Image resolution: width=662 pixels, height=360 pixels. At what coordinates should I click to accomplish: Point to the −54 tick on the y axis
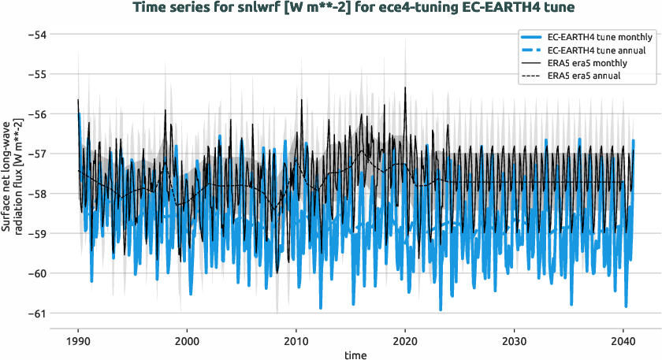coord(36,35)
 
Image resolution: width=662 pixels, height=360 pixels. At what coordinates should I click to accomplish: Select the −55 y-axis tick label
coord(36,74)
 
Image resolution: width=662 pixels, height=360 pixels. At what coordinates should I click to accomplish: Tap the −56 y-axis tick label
coord(36,114)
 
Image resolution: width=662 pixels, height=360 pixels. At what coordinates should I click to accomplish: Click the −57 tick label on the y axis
coord(36,154)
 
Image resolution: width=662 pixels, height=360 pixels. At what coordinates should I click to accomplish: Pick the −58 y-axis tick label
coord(36,194)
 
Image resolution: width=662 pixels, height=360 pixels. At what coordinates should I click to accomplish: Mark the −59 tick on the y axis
coord(36,233)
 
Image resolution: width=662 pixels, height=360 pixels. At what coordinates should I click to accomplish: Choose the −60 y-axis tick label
coord(36,273)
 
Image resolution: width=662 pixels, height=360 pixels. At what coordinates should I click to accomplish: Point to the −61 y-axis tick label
coord(36,313)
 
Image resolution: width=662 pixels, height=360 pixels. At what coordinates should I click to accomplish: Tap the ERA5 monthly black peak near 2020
coord(405,88)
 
